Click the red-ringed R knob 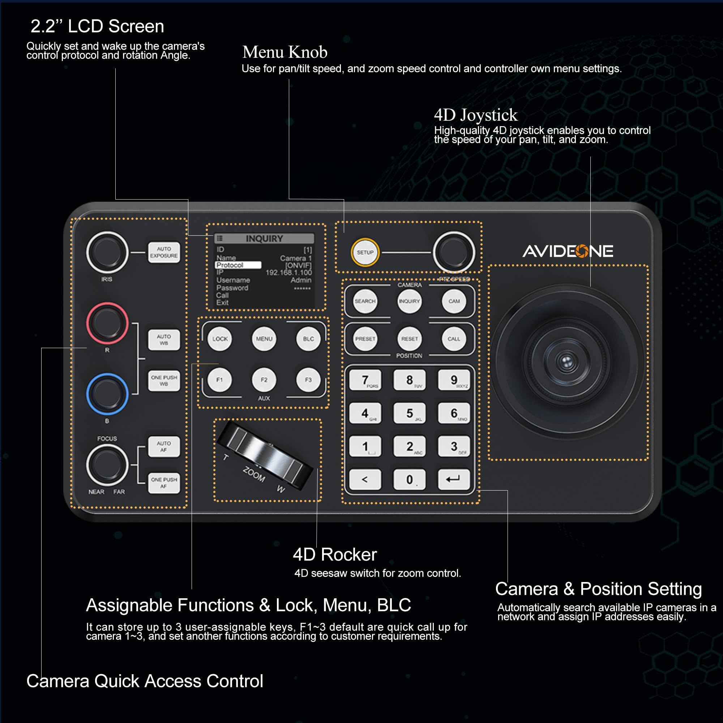click(107, 323)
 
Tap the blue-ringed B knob click(107, 394)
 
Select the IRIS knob click(107, 252)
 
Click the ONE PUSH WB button click(164, 381)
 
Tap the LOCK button click(220, 339)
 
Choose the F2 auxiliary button click(264, 380)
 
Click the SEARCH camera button click(365, 301)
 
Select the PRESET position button click(365, 339)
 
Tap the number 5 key click(410, 413)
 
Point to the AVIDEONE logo click(568, 251)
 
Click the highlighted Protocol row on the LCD click(238, 265)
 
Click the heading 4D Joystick click(476, 115)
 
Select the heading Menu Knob click(285, 52)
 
